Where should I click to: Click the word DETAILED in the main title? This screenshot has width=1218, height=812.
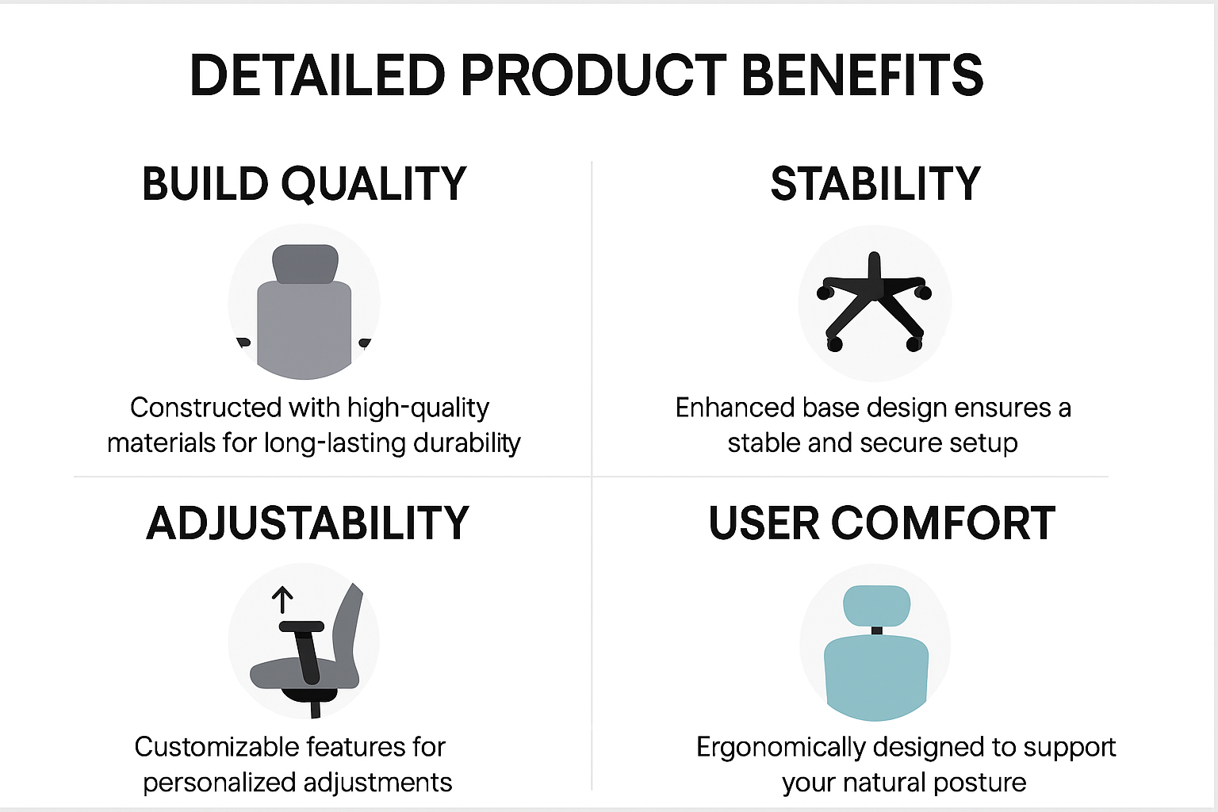click(317, 75)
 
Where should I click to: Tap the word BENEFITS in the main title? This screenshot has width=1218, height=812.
click(862, 75)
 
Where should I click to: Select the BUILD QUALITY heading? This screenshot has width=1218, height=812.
click(304, 184)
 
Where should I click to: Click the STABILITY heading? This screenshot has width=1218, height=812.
click(875, 184)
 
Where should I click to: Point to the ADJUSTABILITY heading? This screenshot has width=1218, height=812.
click(307, 523)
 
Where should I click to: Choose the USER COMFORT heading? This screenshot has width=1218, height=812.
click(882, 523)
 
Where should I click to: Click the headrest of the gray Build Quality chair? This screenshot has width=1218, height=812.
click(305, 264)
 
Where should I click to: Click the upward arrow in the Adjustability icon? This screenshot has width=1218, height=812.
click(282, 600)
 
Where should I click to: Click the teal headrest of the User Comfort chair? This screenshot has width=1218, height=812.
click(876, 606)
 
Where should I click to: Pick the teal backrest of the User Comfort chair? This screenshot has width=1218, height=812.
click(876, 678)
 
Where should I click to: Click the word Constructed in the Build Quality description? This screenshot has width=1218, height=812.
click(205, 408)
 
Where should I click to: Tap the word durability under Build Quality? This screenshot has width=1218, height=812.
click(466, 443)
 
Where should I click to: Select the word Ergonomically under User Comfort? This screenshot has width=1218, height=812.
click(781, 748)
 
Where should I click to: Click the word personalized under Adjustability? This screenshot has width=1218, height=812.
click(220, 783)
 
